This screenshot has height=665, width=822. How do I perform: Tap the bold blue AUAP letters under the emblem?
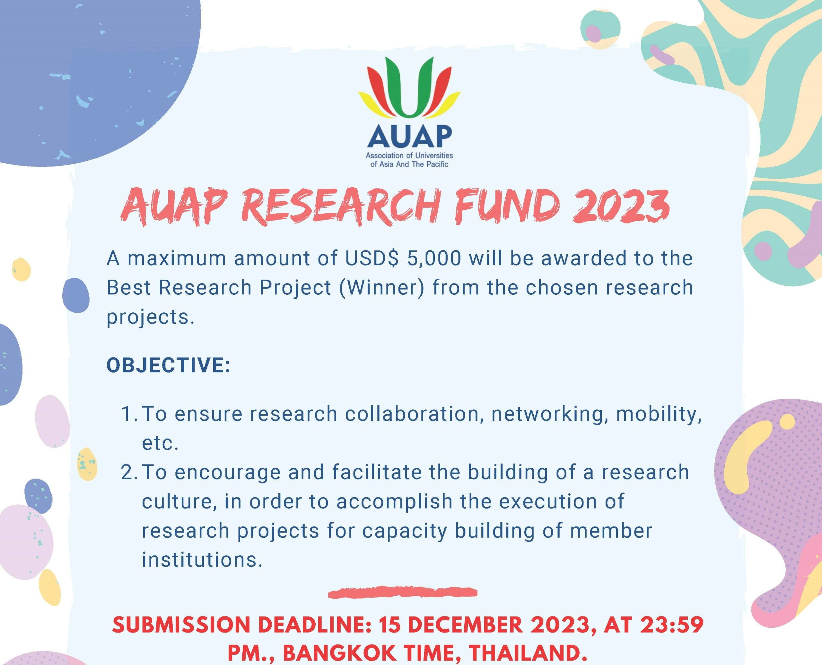tap(409, 136)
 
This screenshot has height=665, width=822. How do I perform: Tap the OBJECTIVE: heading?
tap(168, 365)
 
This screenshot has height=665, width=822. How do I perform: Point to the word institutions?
tap(202, 560)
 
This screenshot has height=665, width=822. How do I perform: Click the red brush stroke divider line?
tap(403, 593)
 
